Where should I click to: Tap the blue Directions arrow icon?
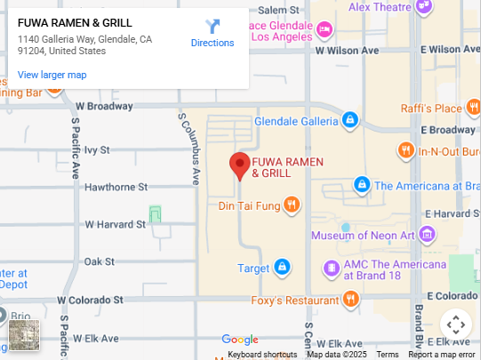tap(212, 27)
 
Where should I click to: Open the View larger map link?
tap(52, 75)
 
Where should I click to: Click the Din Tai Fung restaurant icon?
tap(293, 205)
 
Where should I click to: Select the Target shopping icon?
tap(282, 267)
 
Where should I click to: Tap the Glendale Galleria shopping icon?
tap(350, 119)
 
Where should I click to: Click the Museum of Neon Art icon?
tap(428, 235)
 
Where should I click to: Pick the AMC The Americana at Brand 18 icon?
tap(331, 268)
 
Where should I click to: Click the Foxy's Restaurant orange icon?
tap(349, 300)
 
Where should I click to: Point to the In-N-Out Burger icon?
tap(405, 151)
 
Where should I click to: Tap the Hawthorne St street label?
tap(116, 187)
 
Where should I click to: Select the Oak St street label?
tap(99, 260)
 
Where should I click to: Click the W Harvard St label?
tap(115, 224)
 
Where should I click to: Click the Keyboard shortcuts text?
tap(262, 355)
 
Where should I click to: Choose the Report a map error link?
tap(442, 355)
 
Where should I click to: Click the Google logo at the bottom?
tap(240, 340)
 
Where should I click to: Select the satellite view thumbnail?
tap(24, 335)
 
